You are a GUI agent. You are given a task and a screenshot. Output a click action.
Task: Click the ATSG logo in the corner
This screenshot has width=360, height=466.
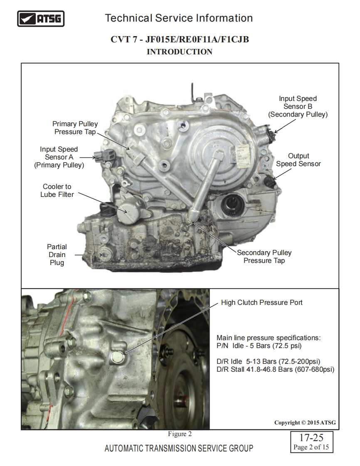point(41,19)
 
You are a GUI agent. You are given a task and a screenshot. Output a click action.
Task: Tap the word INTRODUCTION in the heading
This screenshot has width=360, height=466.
point(180,52)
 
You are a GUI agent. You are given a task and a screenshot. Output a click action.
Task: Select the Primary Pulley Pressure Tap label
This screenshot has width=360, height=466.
point(75,128)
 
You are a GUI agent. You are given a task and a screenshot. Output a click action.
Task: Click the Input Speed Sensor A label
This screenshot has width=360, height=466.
point(59,157)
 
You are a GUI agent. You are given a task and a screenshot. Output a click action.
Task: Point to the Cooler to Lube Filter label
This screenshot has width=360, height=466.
point(57,191)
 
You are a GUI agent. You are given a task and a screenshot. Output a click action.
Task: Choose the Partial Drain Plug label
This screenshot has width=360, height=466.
point(57,255)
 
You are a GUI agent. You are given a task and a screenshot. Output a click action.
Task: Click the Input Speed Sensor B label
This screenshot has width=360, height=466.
point(298,106)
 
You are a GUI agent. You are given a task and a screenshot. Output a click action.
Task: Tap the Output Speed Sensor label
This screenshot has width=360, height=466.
point(298,160)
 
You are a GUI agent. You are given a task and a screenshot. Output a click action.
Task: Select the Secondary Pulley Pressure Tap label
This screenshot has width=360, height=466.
point(264,257)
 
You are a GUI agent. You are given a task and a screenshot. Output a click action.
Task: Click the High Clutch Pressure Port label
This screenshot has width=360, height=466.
point(261,302)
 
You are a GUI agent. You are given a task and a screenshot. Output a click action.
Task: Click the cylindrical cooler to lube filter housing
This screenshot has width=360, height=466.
point(129,211)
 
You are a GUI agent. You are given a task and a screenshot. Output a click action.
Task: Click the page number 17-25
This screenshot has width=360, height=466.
point(311,438)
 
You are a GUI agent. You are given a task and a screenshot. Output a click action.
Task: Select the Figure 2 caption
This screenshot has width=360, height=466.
point(180,434)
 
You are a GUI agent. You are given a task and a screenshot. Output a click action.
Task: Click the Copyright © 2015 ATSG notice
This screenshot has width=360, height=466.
point(305,423)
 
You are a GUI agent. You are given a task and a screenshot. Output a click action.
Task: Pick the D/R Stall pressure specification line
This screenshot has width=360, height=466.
point(276,369)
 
